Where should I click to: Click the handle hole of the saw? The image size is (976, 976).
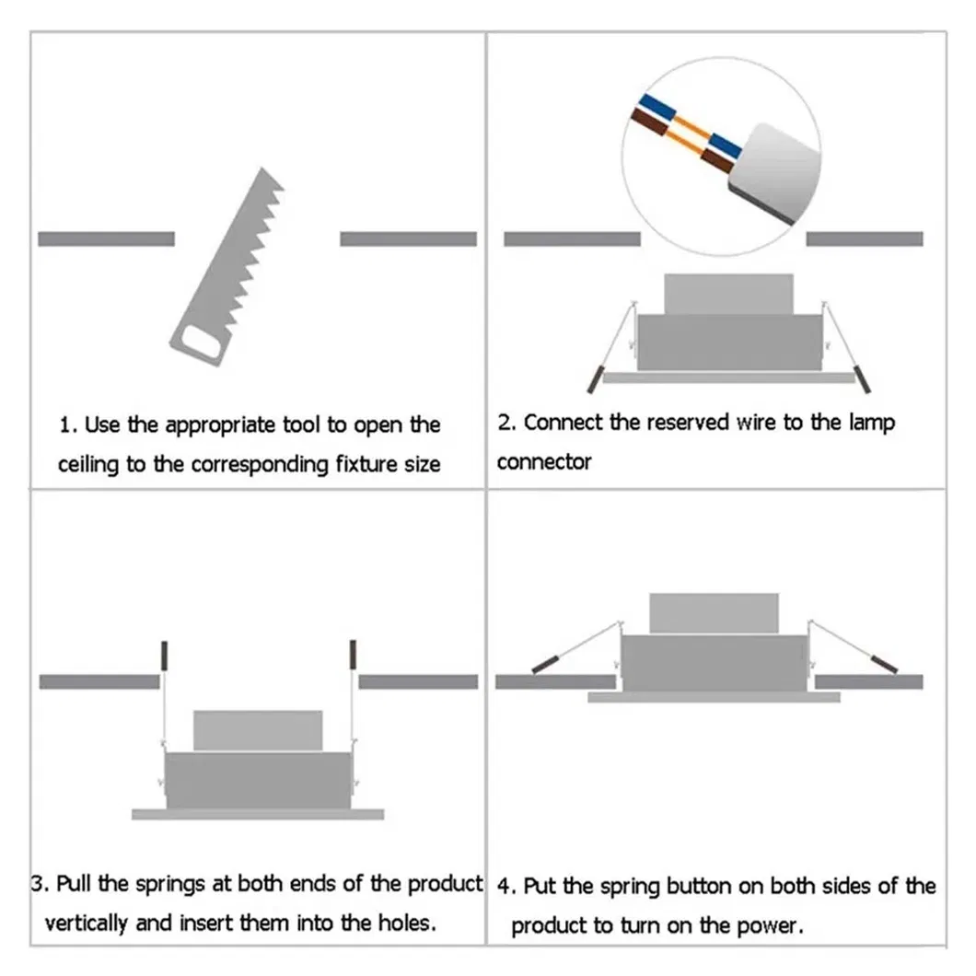[199, 345]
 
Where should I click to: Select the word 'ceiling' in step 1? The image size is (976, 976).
[88, 464]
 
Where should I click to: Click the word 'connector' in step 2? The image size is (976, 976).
[543, 462]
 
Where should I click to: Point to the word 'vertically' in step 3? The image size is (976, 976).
[87, 922]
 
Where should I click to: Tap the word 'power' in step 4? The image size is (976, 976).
[770, 925]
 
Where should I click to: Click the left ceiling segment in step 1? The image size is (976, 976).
[106, 238]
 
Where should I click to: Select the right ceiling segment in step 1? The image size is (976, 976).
[408, 238]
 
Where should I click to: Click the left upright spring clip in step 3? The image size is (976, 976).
[165, 655]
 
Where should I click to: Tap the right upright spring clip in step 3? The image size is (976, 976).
[352, 655]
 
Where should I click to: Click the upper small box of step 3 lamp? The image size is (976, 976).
[258, 730]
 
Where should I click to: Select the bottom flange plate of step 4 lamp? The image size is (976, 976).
[714, 697]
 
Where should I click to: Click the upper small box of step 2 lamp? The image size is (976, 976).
[728, 294]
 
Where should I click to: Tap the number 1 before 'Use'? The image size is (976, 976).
[65, 425]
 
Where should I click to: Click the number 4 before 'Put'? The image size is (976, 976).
[504, 888]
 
